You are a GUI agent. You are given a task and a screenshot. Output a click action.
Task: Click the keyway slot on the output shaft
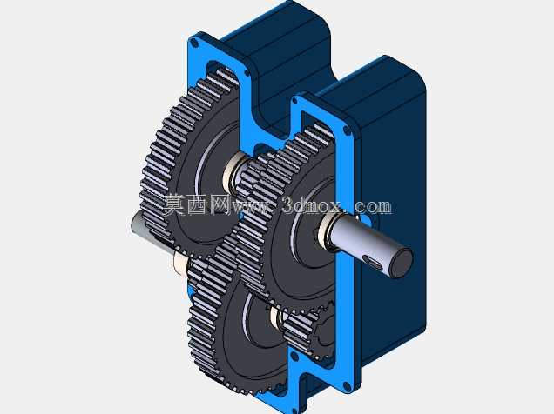(373, 262)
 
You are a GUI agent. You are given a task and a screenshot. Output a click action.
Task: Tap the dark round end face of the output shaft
(402, 263)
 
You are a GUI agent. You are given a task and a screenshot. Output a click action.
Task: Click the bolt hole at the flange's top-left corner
(193, 43)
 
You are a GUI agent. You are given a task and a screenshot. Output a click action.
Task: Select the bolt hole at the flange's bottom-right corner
(348, 386)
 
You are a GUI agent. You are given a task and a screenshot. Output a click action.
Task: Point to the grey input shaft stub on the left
(138, 225)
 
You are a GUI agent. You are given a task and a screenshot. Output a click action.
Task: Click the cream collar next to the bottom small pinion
(275, 317)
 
